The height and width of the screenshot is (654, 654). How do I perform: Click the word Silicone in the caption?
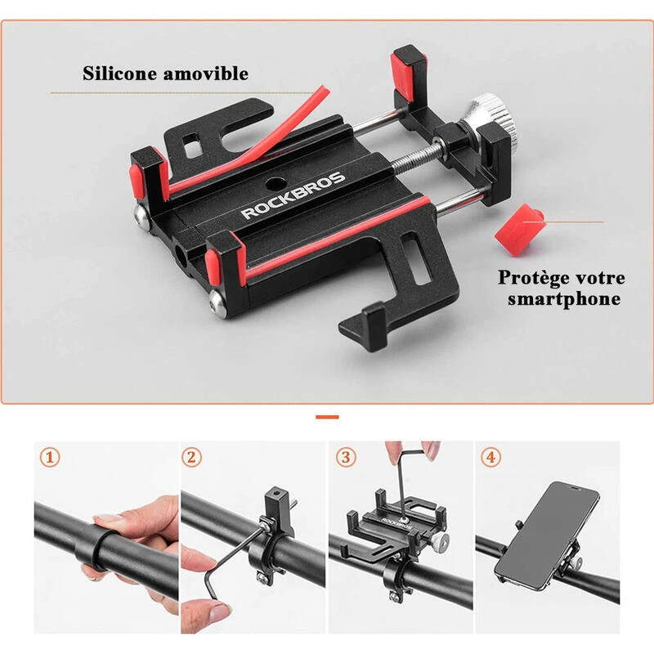(119, 74)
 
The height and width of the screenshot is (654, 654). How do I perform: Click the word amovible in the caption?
(206, 74)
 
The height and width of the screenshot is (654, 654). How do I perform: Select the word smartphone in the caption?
(564, 298)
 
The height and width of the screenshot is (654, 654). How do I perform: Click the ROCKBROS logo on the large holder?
(293, 195)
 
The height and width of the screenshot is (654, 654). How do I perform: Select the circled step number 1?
(50, 458)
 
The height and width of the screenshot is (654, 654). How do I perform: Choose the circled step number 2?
(191, 458)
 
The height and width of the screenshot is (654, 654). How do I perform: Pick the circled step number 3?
(346, 458)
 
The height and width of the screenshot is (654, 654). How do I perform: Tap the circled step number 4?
(490, 458)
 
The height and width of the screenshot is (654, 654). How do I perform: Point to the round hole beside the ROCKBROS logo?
(275, 182)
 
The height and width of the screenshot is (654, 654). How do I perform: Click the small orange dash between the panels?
(327, 417)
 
